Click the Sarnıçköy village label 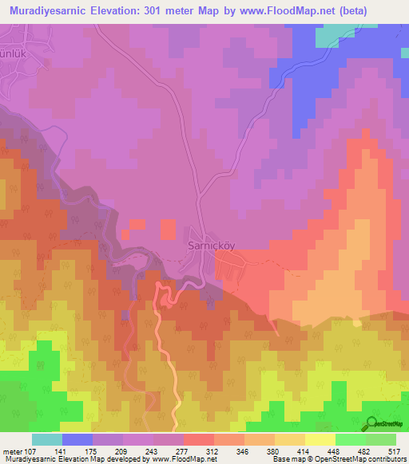[x=209, y=246]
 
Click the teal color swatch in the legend [x=47, y=439]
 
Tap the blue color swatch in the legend [x=77, y=439]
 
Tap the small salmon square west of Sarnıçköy [x=168, y=230]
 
